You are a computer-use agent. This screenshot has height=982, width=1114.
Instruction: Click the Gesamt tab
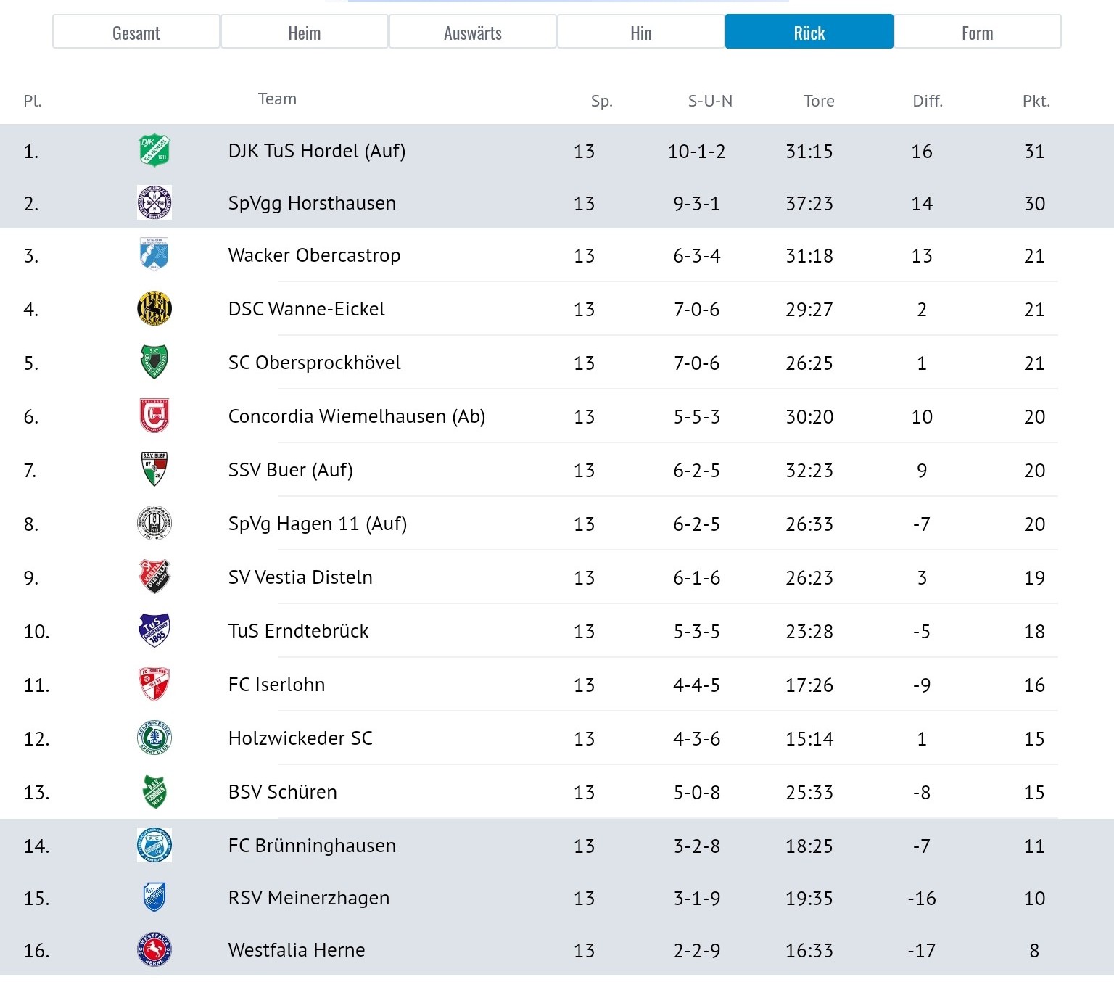pos(136,32)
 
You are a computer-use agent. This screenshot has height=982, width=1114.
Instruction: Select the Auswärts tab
pos(473,32)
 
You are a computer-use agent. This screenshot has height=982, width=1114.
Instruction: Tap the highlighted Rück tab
pos(809,32)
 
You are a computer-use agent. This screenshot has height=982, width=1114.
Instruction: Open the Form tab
pos(978,32)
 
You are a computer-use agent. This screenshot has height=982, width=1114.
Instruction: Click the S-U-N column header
pos(711,101)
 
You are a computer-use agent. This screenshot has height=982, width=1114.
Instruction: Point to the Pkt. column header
pos(1036,101)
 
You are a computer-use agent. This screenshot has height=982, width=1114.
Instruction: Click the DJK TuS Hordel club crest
pos(154,150)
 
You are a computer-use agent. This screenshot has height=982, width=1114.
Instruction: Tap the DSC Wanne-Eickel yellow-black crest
pos(154,308)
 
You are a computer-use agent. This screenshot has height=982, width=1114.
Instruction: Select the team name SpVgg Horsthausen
pos(312,204)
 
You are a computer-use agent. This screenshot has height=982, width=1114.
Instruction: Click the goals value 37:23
pos(809,204)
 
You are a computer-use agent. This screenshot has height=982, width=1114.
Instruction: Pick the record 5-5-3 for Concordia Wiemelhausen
pos(697,417)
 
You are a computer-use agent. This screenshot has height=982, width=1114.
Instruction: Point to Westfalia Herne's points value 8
pos(1034,951)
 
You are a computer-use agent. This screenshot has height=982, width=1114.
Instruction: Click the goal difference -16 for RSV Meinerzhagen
pos(922,899)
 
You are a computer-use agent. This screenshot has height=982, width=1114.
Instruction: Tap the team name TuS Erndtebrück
pos(298,631)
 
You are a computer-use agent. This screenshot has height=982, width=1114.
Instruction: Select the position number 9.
pos(30,578)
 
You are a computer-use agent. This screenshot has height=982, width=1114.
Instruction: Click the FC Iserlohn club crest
pos(154,684)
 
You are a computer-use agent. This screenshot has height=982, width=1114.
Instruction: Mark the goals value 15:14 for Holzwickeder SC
pos(809,738)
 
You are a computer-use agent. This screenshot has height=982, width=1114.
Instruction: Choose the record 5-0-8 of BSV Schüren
pos(697,792)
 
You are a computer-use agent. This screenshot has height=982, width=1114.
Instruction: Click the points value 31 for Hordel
pos(1034,151)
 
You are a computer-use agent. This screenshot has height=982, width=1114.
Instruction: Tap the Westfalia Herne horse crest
pos(154,949)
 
